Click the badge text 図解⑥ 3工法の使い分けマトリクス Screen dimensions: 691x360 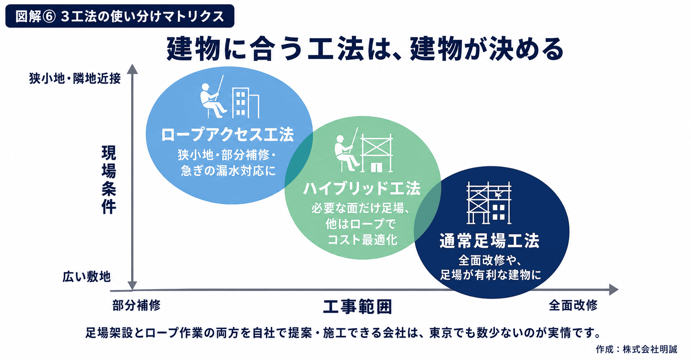pyautogui.click(x=120, y=16)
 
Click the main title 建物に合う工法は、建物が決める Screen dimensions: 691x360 pyautogui.click(x=365, y=49)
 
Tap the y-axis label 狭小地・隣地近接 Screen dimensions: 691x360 pyautogui.click(x=75, y=78)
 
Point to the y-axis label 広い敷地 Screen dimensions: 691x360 pyautogui.click(x=87, y=276)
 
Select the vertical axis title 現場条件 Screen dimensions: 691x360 pyautogui.click(x=109, y=180)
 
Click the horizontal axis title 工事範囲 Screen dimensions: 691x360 pyautogui.click(x=357, y=307)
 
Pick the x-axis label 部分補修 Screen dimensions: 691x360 pyautogui.click(x=136, y=306)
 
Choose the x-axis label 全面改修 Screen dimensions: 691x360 pyautogui.click(x=573, y=306)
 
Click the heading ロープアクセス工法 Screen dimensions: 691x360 pyautogui.click(x=227, y=135)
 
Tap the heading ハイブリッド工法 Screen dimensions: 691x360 pyautogui.click(x=362, y=189)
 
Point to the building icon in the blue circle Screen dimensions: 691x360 pyautogui.click(x=245, y=103)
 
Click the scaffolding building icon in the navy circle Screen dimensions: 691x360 pyautogui.click(x=489, y=203)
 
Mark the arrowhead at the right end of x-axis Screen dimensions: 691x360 pyautogui.click(x=614, y=290)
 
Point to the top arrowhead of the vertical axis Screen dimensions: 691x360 pyautogui.click(x=132, y=69)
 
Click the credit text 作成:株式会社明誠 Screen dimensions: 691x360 pyautogui.click(x=637, y=349)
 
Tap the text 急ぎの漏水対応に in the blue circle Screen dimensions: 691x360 pyautogui.click(x=228, y=171)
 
